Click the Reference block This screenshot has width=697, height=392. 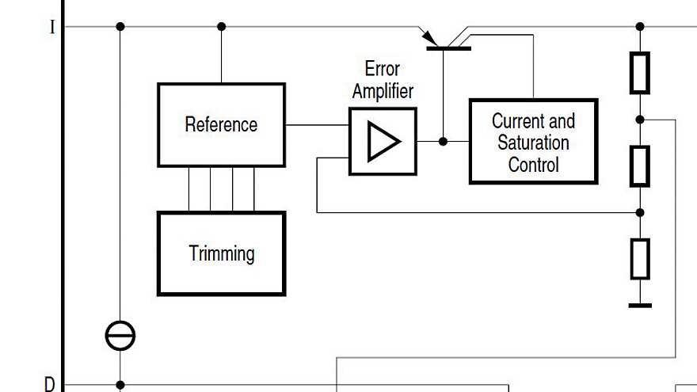221,125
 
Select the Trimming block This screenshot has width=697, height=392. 221,253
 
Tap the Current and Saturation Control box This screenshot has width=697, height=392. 533,143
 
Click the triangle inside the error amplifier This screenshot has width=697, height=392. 384,142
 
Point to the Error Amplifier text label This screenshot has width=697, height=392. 383,79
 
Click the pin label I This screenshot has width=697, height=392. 52,28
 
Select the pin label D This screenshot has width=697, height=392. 50,385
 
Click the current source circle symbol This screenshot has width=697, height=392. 120,336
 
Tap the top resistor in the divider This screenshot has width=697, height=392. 640,73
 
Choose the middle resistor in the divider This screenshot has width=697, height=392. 640,166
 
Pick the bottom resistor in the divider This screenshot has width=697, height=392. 640,259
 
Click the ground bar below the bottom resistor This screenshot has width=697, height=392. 640,305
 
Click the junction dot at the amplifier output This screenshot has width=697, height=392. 444,142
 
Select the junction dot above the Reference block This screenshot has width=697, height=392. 221,27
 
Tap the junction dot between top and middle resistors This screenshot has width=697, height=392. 640,120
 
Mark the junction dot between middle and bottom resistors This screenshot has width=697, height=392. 640,212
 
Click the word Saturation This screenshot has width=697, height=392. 533,143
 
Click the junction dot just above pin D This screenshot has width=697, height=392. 120,385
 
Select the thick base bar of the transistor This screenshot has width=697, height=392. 448,49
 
